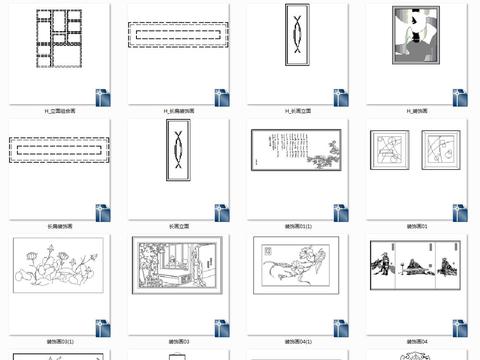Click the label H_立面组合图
(x=60, y=110)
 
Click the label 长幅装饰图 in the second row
(x=60, y=227)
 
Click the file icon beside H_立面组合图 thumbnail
(x=103, y=97)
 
